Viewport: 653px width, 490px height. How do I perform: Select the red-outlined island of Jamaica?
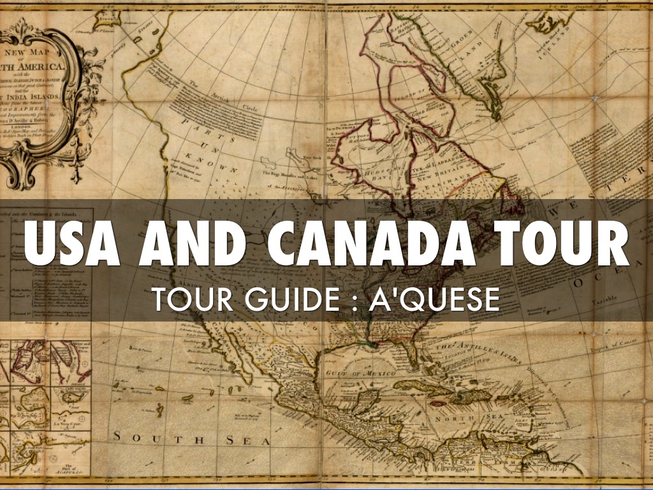coord(438,404)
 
